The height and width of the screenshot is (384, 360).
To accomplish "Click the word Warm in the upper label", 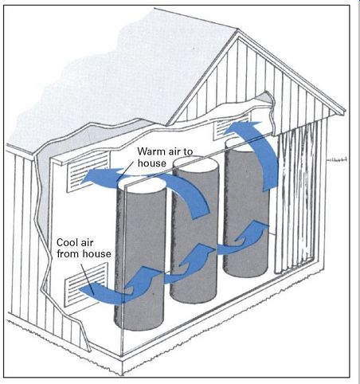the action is point(151,151).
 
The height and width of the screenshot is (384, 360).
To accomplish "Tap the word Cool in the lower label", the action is point(67,242).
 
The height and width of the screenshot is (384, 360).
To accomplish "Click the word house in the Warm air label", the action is point(152,163).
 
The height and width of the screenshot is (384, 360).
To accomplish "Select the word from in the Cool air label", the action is point(67,254).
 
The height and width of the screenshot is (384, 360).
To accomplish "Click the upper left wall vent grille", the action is point(88,172).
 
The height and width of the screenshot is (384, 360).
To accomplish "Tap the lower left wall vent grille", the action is point(86,284).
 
